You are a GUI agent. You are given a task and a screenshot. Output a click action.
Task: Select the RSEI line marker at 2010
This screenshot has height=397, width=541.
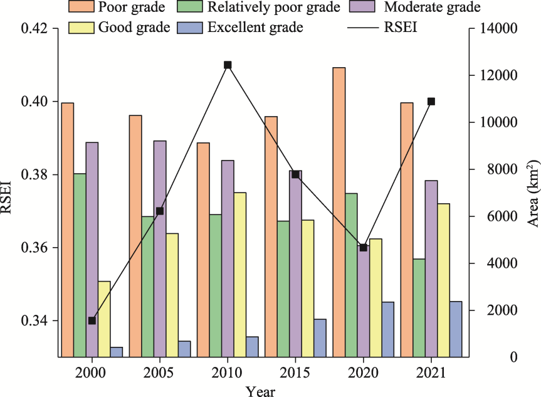coord(228,65)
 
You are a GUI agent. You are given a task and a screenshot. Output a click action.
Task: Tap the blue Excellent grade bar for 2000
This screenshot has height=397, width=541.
coord(117,352)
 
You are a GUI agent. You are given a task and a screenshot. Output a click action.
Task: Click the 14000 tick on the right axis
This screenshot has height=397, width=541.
coord(499,29)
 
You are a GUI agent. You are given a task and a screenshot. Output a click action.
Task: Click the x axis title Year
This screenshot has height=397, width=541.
coord(260,390)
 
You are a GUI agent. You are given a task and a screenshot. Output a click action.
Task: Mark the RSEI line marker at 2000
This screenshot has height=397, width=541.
coord(92,320)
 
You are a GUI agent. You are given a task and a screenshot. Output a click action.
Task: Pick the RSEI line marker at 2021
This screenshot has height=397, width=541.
coord(431,101)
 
